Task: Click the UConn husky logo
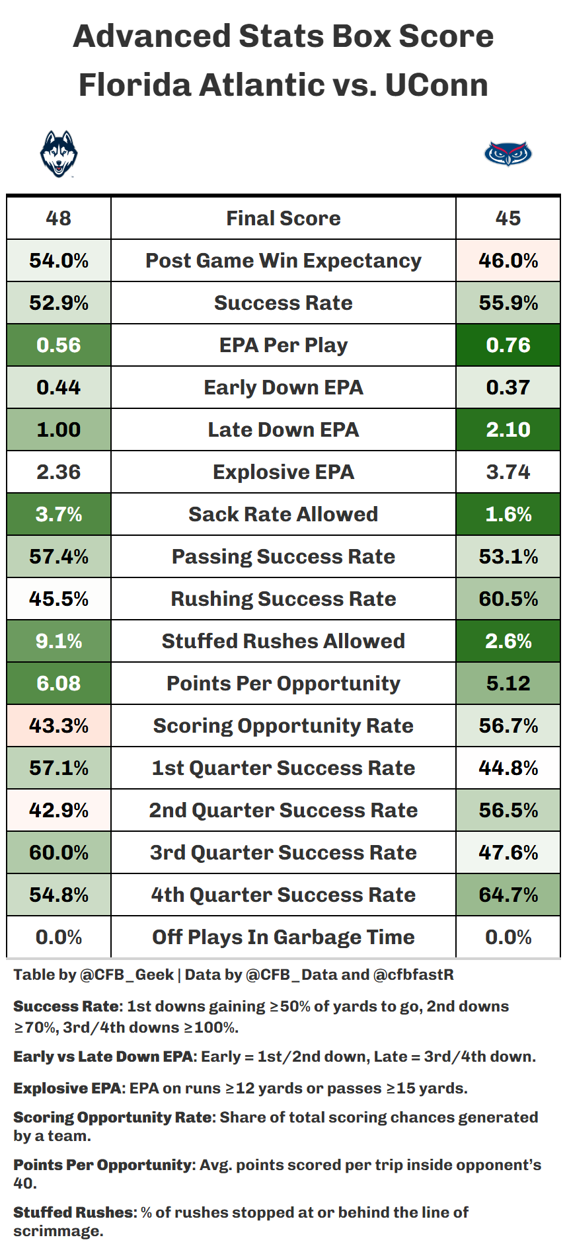pyautogui.click(x=59, y=153)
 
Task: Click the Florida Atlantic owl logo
pyautogui.click(x=508, y=154)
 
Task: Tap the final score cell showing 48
pyautogui.click(x=59, y=218)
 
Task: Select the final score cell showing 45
pyautogui.click(x=508, y=218)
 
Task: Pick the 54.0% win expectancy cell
pyautogui.click(x=59, y=260)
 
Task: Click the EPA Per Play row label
pyautogui.click(x=283, y=345)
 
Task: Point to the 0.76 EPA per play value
pyautogui.click(x=508, y=345)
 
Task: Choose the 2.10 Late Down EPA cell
pyautogui.click(x=508, y=429)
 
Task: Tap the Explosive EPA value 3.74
pyautogui.click(x=508, y=472)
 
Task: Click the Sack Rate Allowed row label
pyautogui.click(x=283, y=514)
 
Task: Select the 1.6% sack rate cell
pyautogui.click(x=508, y=514)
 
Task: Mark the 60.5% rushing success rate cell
pyautogui.click(x=508, y=599)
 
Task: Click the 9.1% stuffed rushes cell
pyautogui.click(x=59, y=641)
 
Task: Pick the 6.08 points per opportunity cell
pyautogui.click(x=59, y=683)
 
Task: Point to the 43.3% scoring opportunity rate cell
pyautogui.click(x=59, y=725)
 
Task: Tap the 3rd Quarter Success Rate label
pyautogui.click(x=283, y=852)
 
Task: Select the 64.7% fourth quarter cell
pyautogui.click(x=508, y=895)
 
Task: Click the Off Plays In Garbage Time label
pyautogui.click(x=283, y=937)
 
